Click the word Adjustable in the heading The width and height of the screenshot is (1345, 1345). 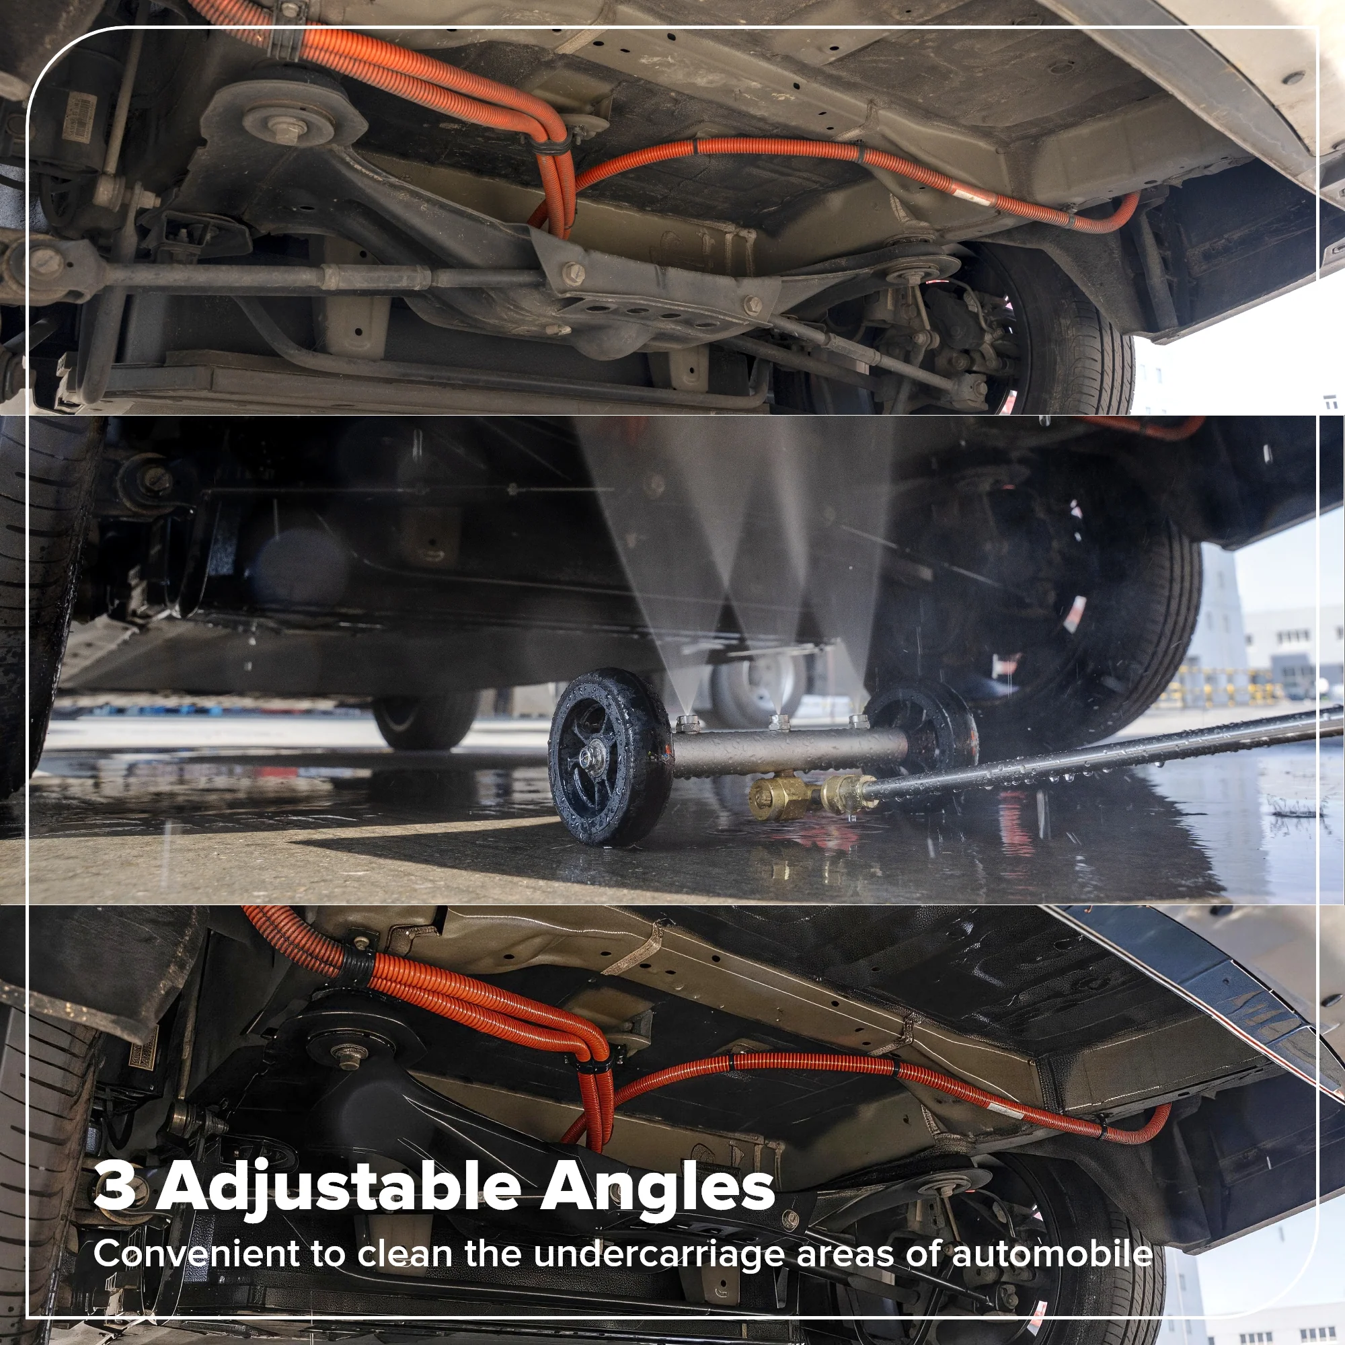[336, 1188]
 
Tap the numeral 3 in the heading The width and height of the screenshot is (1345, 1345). [114, 1187]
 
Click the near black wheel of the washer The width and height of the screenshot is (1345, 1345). [610, 757]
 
